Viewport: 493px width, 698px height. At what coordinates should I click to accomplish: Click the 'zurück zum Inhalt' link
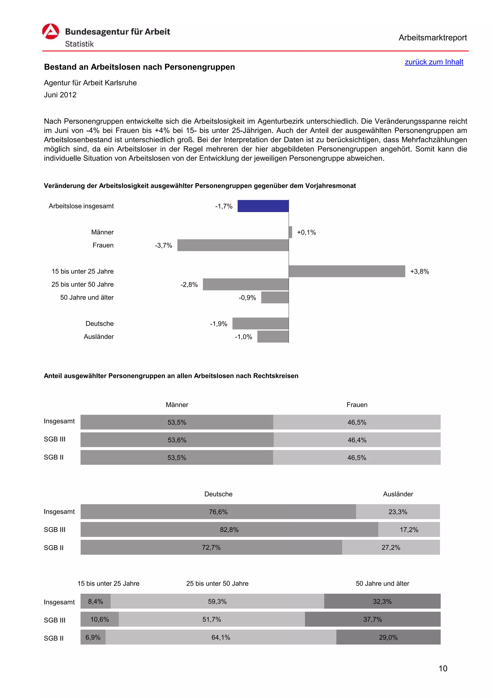(434, 62)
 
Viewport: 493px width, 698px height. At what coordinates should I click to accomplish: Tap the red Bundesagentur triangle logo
(50, 32)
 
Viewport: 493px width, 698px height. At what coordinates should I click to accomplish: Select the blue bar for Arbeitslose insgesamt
(263, 206)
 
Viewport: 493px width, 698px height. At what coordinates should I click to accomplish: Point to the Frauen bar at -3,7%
(233, 245)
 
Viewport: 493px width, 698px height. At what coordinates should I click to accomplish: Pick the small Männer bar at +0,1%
(290, 232)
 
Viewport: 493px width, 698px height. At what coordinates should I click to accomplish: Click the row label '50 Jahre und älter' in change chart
(87, 297)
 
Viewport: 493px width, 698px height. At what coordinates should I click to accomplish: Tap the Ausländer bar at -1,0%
(273, 336)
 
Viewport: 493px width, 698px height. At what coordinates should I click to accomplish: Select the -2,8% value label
(189, 284)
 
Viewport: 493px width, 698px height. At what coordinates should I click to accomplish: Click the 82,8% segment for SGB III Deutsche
(229, 530)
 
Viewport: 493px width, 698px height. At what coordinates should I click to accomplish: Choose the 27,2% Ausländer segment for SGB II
(391, 547)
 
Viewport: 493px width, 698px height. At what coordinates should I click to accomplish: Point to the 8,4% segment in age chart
(95, 601)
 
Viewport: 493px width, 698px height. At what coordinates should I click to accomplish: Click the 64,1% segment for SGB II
(221, 637)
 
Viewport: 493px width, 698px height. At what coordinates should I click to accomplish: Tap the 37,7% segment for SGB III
(372, 619)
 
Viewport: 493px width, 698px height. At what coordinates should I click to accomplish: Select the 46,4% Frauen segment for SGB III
(357, 440)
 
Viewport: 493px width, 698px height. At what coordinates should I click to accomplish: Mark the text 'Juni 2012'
(60, 95)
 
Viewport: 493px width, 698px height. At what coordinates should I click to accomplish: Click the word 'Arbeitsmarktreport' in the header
(433, 38)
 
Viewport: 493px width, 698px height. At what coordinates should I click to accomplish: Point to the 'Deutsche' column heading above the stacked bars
(218, 494)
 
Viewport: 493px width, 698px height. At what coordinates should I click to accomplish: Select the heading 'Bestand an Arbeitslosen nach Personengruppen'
(139, 67)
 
